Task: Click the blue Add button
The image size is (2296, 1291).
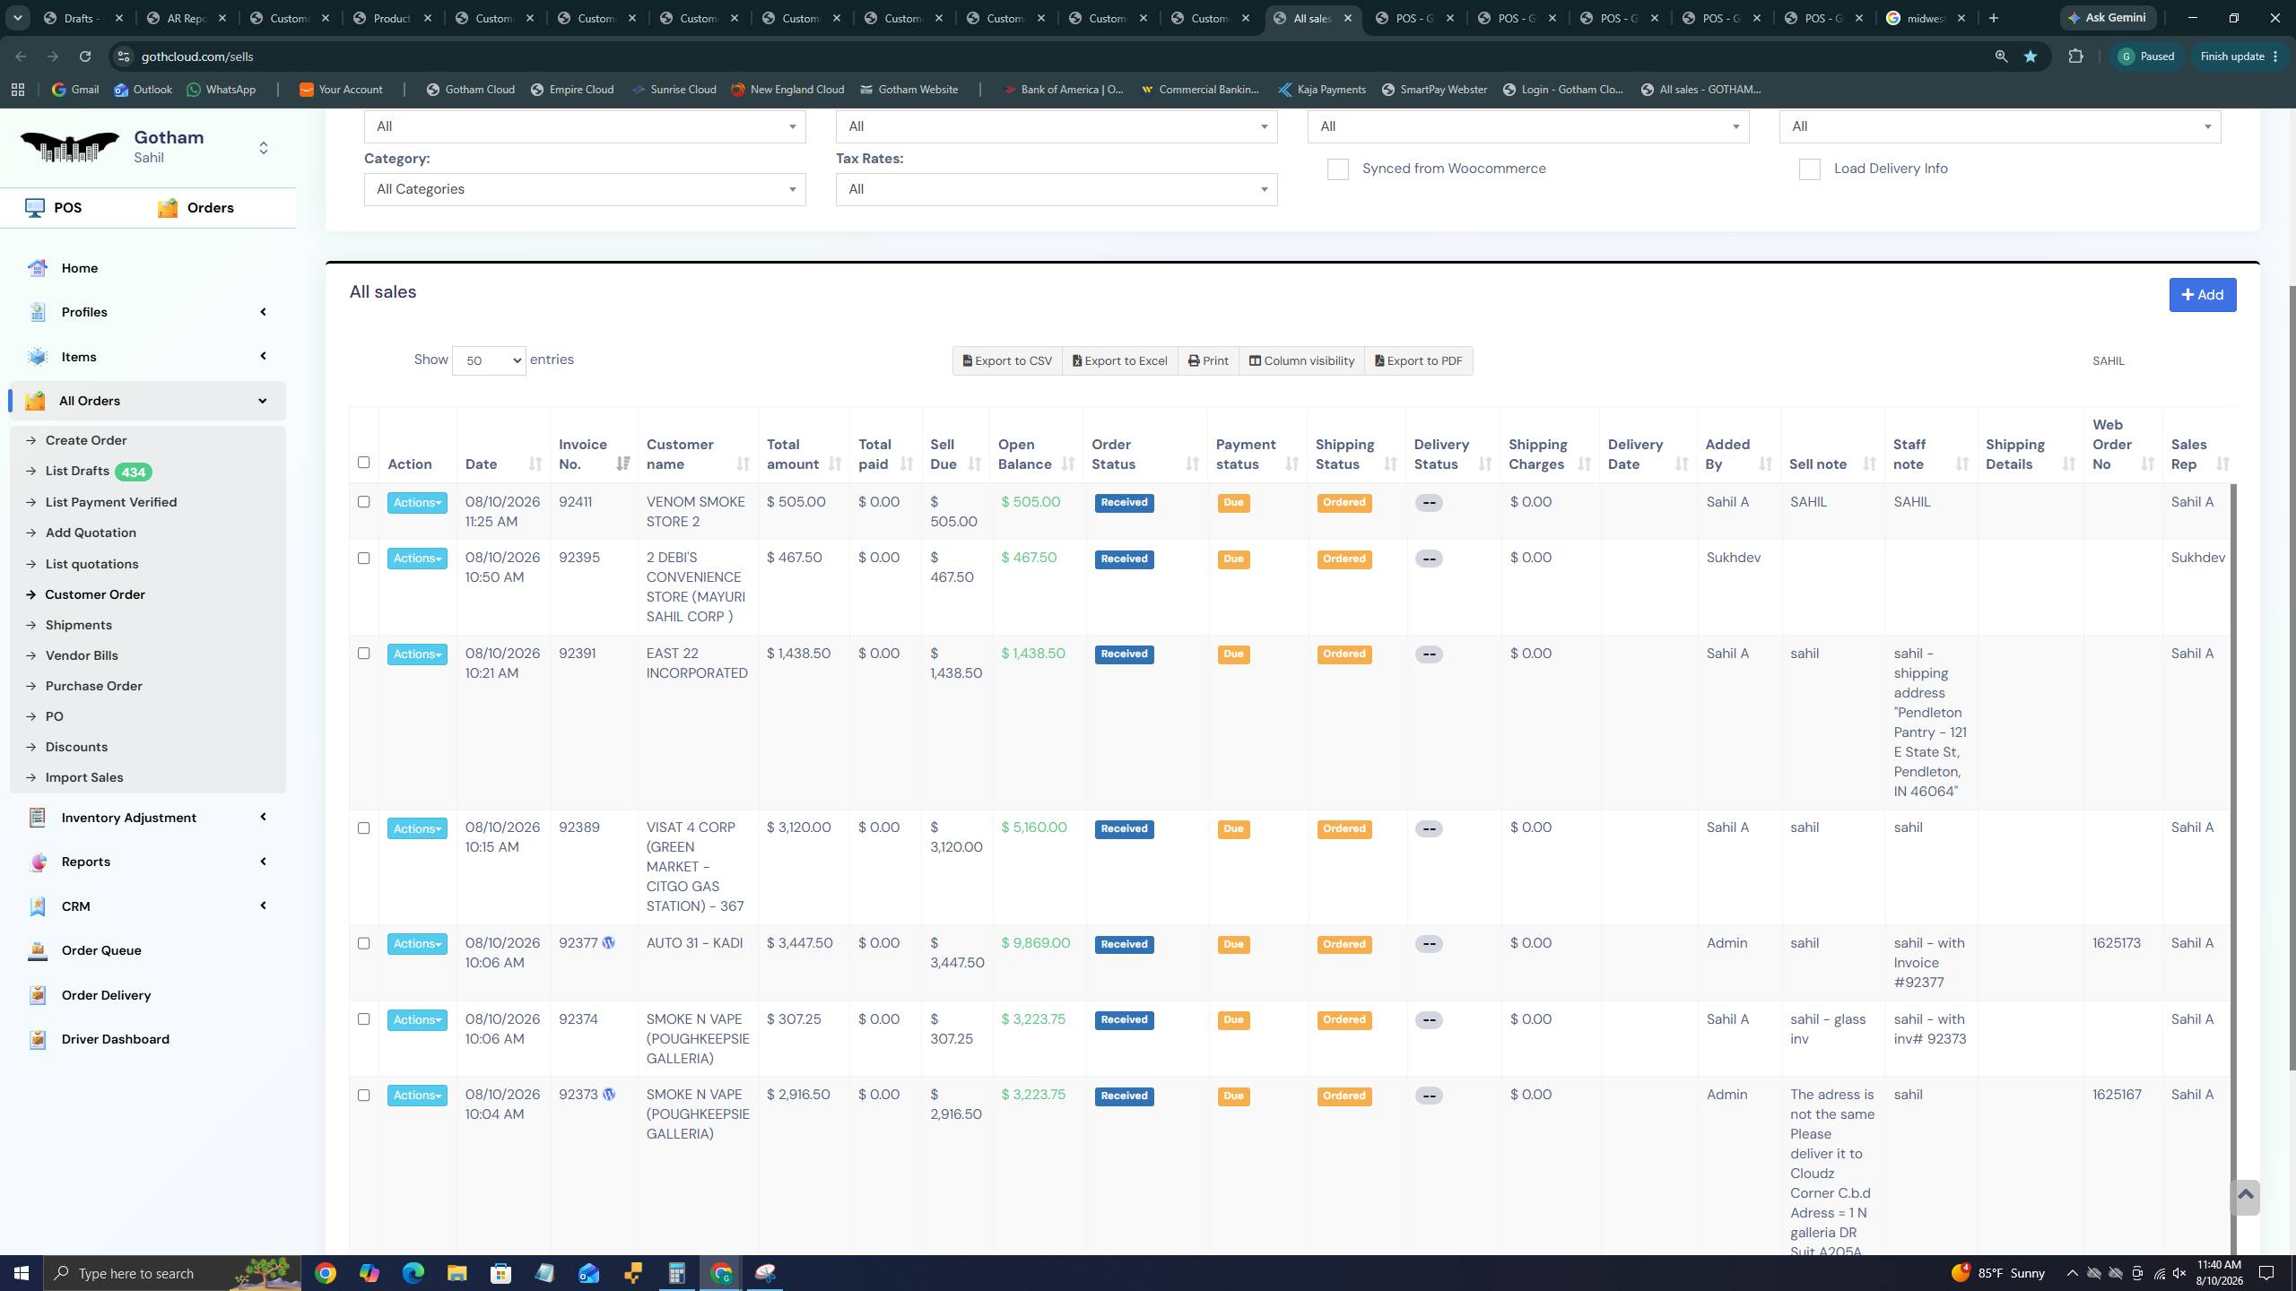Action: [2202, 295]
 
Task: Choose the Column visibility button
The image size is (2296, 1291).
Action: [1301, 361]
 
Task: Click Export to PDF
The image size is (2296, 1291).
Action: [1418, 361]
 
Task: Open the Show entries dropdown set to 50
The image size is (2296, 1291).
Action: [489, 360]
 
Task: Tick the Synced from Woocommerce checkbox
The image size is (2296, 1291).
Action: [1337, 169]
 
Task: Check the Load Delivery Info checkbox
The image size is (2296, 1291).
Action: [1809, 169]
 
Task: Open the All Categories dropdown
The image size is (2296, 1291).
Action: [585, 189]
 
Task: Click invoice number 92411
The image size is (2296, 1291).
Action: [575, 502]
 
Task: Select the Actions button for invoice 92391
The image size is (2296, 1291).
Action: [417, 654]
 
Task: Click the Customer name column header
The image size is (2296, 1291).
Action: [680, 455]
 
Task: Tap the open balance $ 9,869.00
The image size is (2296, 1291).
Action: [1035, 943]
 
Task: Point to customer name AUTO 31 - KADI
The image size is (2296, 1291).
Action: [694, 943]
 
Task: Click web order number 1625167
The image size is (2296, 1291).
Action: [2117, 1095]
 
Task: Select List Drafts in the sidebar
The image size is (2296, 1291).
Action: [77, 472]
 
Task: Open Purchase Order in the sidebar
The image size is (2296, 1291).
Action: [93, 686]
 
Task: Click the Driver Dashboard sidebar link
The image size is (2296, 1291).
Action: [115, 1039]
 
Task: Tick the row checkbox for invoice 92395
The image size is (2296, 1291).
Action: [363, 558]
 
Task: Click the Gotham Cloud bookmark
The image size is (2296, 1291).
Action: [470, 90]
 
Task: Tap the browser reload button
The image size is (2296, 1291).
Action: [84, 56]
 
